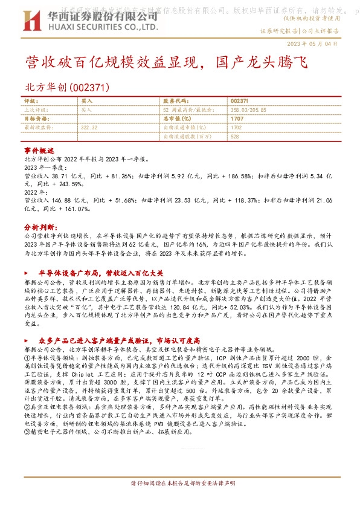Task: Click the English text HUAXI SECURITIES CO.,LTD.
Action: click(x=103, y=28)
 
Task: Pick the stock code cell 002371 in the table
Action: click(x=239, y=102)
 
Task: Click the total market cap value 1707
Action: click(x=237, y=119)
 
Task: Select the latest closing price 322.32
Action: click(x=89, y=128)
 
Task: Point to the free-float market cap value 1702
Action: click(x=237, y=128)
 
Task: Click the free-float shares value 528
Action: click(x=235, y=137)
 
